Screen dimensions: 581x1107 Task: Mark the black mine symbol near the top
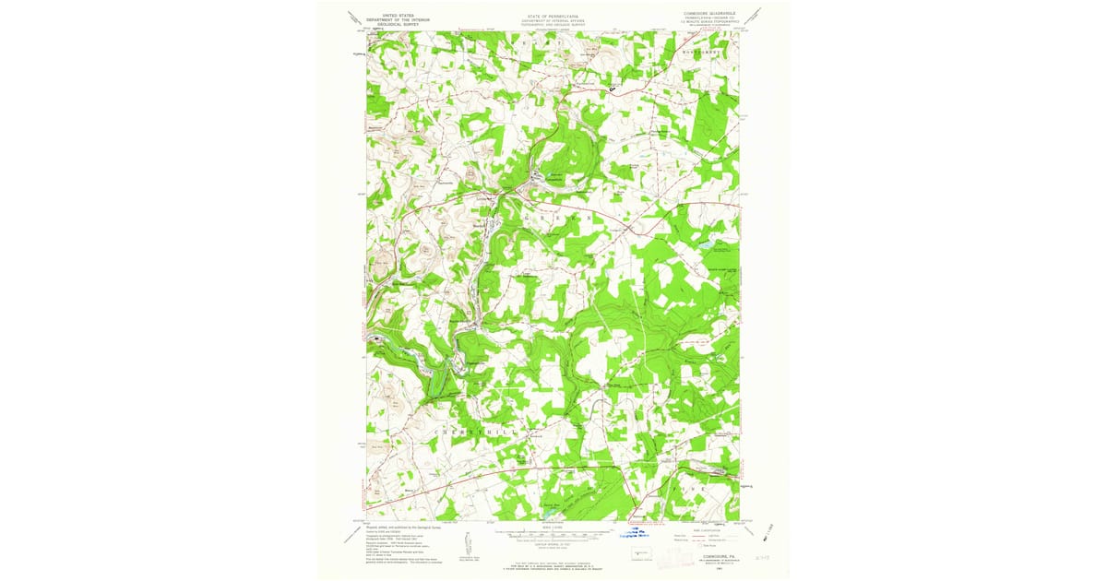(x=612, y=89)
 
